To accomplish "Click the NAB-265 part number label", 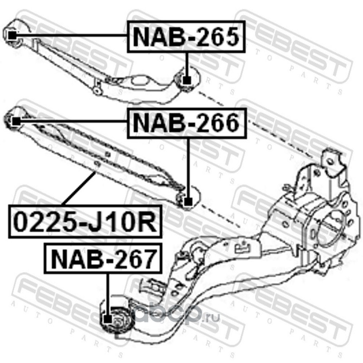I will (186, 37).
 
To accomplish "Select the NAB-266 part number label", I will (186, 123).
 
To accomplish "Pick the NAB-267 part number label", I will (103, 260).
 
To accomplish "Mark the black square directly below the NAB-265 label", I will (186, 81).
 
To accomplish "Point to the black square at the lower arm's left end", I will (15, 121).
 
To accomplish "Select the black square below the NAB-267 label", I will (107, 318).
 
